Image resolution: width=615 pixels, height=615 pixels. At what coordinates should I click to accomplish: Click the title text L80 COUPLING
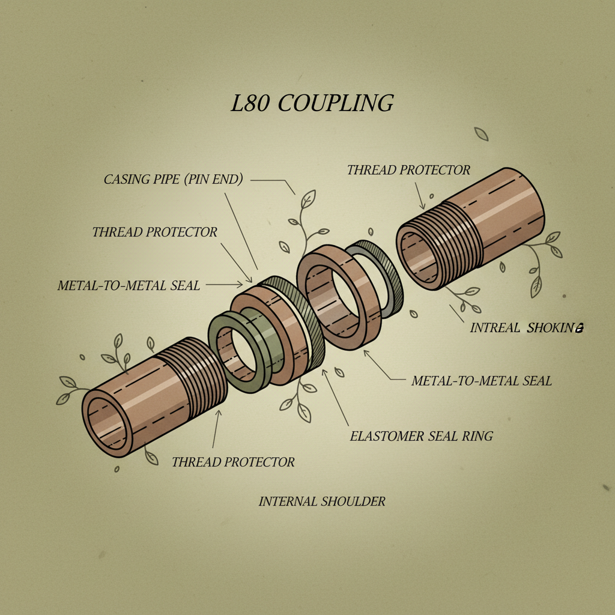(x=312, y=103)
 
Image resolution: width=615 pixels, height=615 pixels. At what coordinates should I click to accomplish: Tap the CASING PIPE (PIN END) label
(x=173, y=180)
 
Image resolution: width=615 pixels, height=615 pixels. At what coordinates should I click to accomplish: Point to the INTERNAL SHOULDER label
(x=322, y=501)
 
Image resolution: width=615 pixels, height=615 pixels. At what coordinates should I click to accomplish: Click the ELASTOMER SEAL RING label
(x=421, y=436)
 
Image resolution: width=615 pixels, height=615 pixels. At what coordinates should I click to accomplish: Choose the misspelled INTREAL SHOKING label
(x=527, y=328)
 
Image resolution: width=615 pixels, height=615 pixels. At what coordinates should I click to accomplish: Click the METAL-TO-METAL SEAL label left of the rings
(x=129, y=285)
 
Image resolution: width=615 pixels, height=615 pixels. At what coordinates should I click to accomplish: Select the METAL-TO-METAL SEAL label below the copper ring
(x=481, y=380)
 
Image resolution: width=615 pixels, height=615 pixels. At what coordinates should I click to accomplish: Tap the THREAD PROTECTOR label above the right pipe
(x=408, y=170)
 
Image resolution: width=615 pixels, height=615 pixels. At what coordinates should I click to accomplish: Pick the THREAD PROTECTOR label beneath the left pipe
(x=233, y=462)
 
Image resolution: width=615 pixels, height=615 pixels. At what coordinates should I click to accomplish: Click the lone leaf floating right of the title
(x=481, y=133)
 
